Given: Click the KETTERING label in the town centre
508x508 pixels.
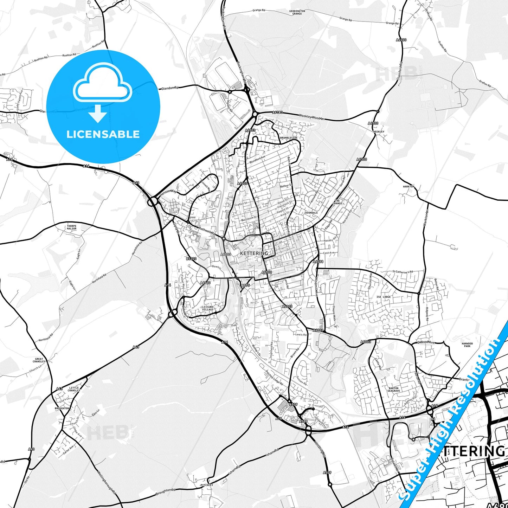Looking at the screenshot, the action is pos(254,253).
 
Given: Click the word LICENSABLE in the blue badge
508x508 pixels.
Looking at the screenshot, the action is pos(103,134).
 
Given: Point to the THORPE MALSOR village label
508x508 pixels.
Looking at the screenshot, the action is pos(71,227).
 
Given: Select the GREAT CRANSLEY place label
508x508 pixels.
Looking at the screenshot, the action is pos(39,360).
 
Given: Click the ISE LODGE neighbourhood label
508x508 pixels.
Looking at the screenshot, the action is pos(384,297).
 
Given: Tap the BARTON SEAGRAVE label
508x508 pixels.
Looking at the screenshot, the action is pos(393,390).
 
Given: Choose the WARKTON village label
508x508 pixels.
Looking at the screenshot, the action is pos(409,186).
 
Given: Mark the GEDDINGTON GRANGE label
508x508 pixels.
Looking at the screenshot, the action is pos(297,12).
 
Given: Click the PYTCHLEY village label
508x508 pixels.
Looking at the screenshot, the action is pos(207,485).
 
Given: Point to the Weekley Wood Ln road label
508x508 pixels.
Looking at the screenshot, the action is pos(311,117).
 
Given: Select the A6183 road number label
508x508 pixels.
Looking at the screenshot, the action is pos(277,112).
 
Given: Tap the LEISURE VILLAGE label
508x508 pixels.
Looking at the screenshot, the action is pos(208,308).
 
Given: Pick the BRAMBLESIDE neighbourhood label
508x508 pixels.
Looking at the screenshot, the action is pos(289,138).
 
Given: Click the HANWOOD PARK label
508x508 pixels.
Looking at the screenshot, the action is pos(467,345).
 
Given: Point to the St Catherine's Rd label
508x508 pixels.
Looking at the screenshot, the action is pos(403,272).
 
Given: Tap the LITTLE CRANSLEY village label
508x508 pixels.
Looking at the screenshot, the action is pos(74,389).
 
